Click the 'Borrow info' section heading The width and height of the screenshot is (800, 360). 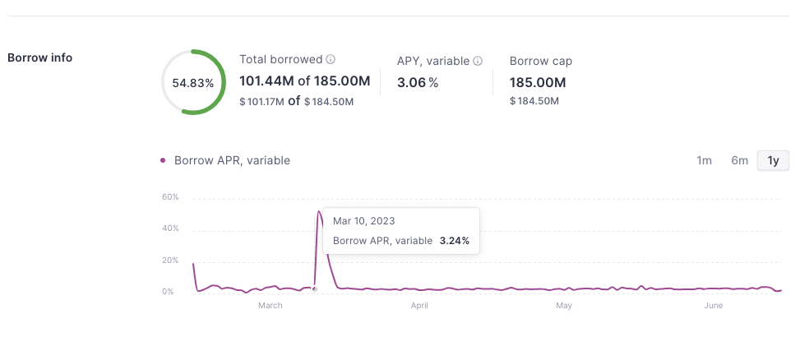[39, 58]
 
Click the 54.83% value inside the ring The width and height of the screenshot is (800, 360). [193, 83]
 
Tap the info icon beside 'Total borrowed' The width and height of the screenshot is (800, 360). [331, 60]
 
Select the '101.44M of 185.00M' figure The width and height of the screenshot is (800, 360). [304, 81]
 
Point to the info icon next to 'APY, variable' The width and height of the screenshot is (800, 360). [478, 61]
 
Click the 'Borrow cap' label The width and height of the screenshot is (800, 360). [540, 61]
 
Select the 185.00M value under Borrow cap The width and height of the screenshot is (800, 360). [538, 82]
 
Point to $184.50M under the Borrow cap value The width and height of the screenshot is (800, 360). [534, 101]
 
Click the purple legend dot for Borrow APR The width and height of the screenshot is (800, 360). [163, 160]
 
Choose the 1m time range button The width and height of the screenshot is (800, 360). [704, 160]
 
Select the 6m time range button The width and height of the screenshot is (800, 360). [739, 160]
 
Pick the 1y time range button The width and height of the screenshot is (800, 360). [773, 160]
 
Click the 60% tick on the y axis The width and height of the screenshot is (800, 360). [170, 197]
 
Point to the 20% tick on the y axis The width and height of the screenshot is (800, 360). [170, 261]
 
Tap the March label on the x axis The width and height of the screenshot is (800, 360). [270, 306]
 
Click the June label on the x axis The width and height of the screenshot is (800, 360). [713, 306]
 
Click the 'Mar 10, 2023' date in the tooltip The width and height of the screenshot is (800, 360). [363, 221]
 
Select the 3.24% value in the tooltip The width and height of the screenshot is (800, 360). [454, 241]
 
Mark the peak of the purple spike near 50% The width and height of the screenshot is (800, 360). [319, 211]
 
